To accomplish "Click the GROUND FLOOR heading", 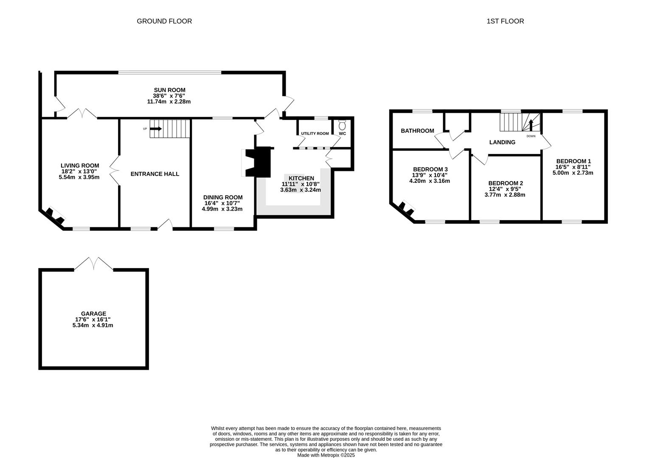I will point(164,21).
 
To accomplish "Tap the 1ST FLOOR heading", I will point(505,21).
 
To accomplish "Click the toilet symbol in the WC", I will point(342,126).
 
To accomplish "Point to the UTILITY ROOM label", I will point(315,134).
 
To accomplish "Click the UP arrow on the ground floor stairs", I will point(156,128).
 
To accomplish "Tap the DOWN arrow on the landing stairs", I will point(531,126).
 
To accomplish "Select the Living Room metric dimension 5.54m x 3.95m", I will point(79,177).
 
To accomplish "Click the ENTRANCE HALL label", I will point(154,174).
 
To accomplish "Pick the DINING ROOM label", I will point(223,197).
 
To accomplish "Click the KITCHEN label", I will point(301,178).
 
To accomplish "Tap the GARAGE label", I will point(93,314).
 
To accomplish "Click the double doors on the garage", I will point(94,264).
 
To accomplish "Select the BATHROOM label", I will point(417,131).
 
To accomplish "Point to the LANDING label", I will point(502,142).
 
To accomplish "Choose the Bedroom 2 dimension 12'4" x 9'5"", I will point(505,189).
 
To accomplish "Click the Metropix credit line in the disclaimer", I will point(326,455).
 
